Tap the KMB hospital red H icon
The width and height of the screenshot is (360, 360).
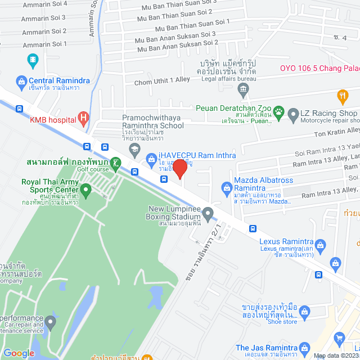point(83,118)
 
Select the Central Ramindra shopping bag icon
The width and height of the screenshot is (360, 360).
point(21,80)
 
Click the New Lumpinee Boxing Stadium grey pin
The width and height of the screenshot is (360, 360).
point(208,214)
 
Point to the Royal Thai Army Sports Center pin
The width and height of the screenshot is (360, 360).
point(85,192)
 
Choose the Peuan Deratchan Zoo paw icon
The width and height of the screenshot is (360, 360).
point(278,112)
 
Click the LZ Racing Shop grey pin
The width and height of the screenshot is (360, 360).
point(293,115)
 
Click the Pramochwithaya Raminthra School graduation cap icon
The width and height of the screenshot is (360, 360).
point(134,148)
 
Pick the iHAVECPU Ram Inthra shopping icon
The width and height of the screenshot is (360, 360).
point(151,159)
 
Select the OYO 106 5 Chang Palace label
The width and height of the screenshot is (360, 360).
point(319,69)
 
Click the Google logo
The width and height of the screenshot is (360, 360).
point(19,353)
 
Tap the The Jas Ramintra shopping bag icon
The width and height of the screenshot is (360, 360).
point(304,348)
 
